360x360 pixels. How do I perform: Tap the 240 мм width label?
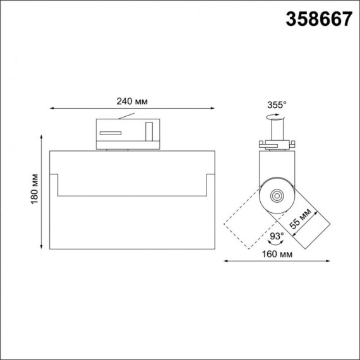132,101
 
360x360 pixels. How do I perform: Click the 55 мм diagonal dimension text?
300,222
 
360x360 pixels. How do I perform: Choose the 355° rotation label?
277,105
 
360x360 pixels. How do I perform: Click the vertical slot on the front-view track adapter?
149,132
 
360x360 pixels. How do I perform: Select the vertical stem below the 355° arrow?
276,129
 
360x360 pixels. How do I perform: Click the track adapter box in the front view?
126,133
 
